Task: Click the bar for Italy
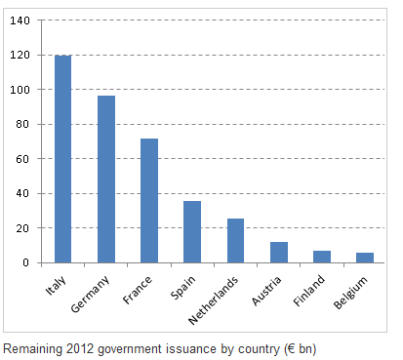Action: tap(62, 159)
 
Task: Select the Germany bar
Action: tap(106, 180)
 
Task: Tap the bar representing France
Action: tap(149, 201)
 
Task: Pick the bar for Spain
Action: tap(192, 232)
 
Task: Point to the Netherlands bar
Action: tap(235, 241)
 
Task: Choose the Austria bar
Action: tap(279, 253)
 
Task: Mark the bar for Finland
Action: tap(322, 257)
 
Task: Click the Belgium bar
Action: tap(365, 258)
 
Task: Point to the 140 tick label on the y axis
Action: tap(20, 20)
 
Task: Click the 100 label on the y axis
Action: tap(20, 90)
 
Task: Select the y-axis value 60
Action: tap(23, 159)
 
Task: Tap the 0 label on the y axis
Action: tap(26, 262)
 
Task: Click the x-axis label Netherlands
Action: tap(213, 300)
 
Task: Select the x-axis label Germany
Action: tap(90, 295)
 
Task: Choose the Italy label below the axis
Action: tap(56, 286)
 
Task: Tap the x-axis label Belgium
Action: tap(350, 293)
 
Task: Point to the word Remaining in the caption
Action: tap(32, 349)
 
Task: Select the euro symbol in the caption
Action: tap(291, 349)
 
